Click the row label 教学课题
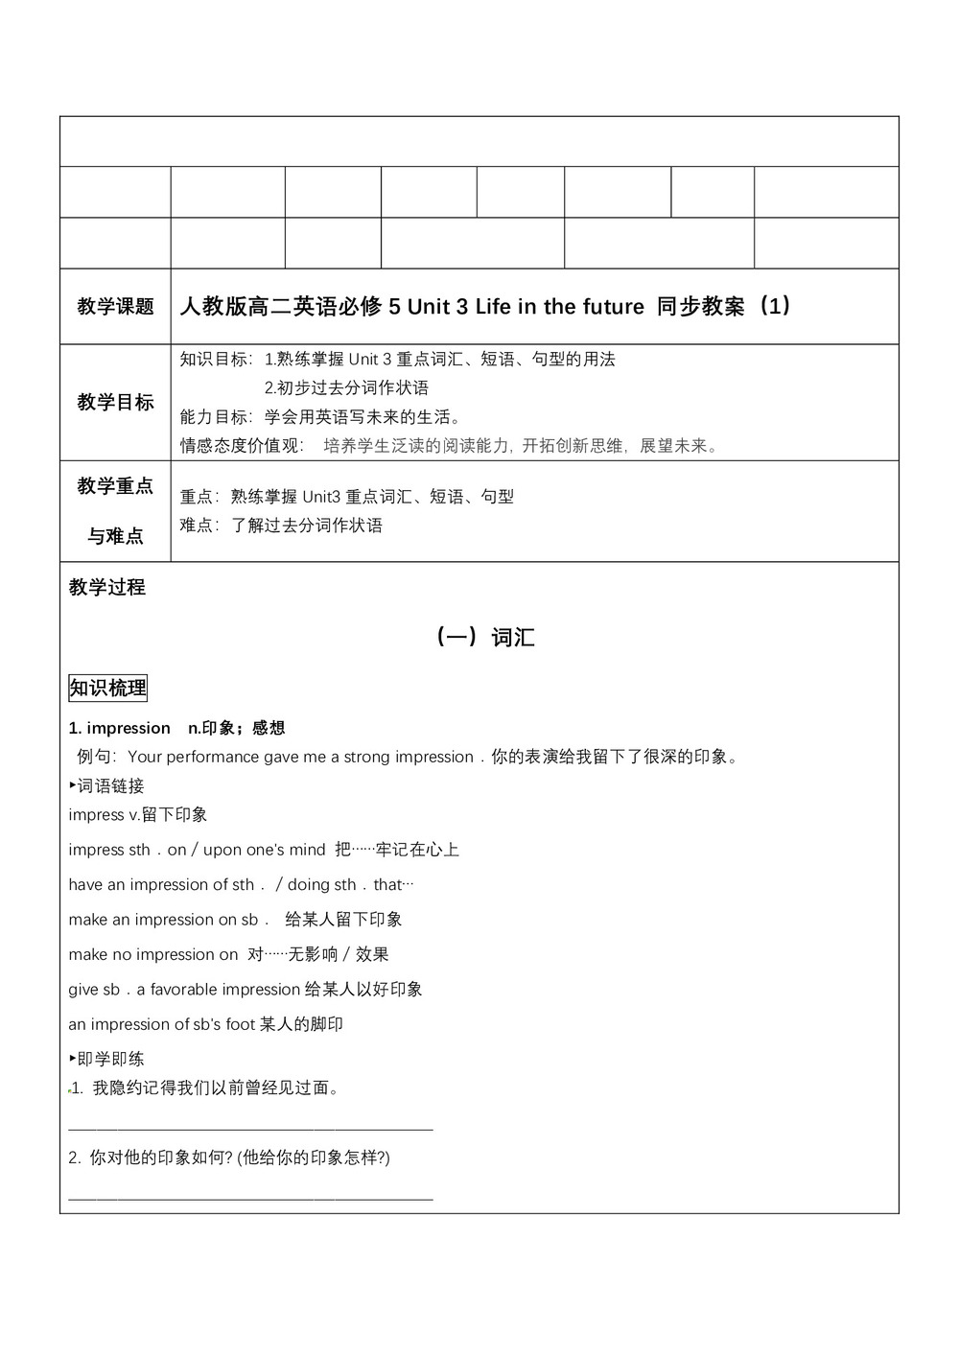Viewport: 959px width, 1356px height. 115,307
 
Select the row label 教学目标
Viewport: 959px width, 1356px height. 115,402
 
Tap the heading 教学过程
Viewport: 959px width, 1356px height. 107,587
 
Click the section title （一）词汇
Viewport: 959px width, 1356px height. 484,637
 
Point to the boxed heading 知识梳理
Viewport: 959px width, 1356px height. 107,688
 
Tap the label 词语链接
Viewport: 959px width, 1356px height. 110,785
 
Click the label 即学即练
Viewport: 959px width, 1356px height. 110,1059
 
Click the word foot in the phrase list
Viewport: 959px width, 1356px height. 240,1024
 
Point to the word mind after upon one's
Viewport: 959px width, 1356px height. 307,850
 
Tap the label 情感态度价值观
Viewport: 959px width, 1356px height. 240,446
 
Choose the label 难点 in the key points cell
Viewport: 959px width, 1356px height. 198,526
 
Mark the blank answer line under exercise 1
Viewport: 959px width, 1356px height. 250,1129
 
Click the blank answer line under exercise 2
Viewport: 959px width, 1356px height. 250,1198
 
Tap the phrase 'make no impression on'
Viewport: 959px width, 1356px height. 153,954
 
